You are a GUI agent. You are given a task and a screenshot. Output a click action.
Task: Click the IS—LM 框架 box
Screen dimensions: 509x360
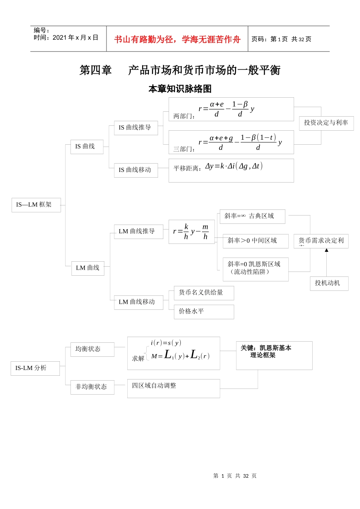click(36, 205)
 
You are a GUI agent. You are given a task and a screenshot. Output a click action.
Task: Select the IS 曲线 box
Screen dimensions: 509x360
click(87, 147)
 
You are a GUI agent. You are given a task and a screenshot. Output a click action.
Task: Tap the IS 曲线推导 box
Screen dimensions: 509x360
click(136, 128)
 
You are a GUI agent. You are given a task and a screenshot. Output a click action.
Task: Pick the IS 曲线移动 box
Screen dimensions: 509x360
click(136, 170)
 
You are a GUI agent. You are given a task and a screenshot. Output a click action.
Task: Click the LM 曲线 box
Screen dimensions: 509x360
click(88, 268)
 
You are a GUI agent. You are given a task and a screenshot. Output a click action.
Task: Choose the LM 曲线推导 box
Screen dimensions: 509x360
click(138, 231)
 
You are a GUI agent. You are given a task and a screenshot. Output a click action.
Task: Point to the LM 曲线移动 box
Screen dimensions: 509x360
click(138, 302)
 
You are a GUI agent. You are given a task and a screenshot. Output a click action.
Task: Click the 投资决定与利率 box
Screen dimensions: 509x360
click(326, 123)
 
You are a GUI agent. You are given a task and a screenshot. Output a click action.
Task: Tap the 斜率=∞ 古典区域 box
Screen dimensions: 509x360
click(252, 216)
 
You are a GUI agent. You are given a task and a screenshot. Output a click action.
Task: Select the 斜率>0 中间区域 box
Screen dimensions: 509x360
click(255, 241)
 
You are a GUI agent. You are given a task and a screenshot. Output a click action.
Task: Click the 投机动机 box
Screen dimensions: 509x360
click(329, 283)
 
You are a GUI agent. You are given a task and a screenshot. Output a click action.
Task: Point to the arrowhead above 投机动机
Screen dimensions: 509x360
click(326, 250)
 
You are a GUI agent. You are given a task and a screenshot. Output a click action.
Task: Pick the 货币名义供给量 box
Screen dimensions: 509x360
click(203, 293)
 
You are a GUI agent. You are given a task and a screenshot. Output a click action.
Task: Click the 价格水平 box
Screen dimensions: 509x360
click(203, 312)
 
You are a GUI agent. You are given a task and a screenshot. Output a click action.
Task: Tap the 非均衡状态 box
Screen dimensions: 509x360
click(92, 387)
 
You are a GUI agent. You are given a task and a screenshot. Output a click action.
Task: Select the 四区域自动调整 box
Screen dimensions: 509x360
click(173, 388)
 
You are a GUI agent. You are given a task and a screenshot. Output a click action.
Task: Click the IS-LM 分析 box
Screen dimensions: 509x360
click(35, 368)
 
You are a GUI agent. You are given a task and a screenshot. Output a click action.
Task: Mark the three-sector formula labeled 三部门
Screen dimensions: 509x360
click(231, 142)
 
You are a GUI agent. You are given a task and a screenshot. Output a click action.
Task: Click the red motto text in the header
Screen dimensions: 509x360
click(177, 39)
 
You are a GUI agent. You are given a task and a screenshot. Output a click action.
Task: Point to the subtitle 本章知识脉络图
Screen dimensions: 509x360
click(180, 89)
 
